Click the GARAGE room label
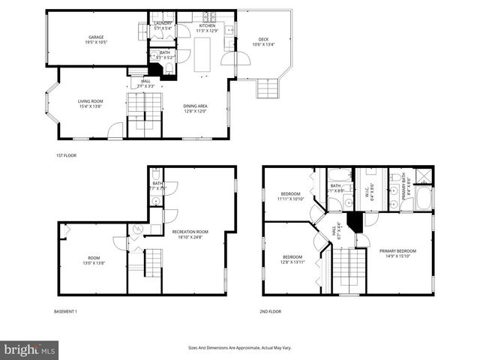[96, 37]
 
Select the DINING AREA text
[195, 106]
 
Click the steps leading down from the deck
[267, 89]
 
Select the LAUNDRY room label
[163, 24]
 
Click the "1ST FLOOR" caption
[66, 155]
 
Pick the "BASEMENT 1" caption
[65, 311]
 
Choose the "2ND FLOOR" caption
[271, 311]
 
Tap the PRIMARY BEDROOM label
[397, 250]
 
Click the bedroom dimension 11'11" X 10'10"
[290, 199]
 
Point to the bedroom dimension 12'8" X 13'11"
[290, 262]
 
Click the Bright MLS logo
[30, 349]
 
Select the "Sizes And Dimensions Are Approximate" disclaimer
[239, 347]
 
